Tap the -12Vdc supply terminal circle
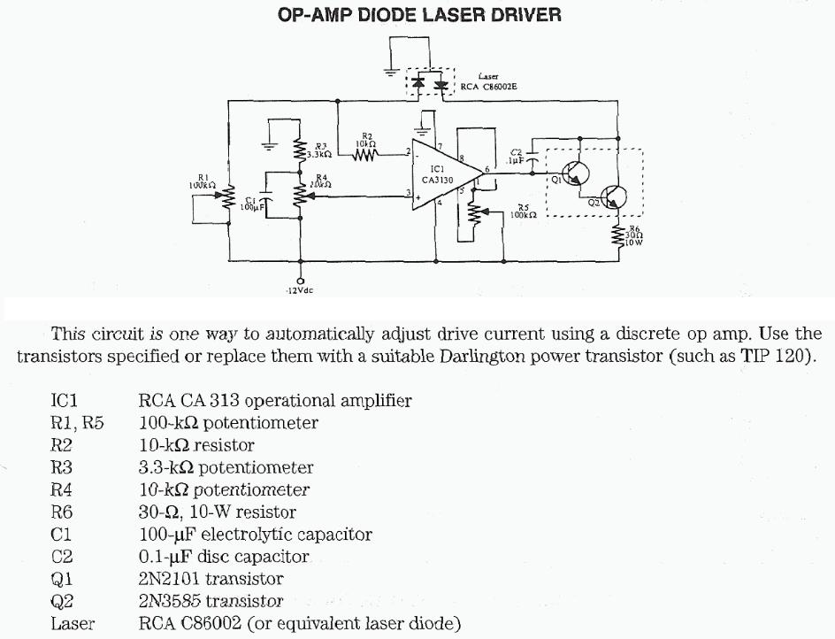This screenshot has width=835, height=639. click(301, 281)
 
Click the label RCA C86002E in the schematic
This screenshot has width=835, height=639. click(489, 87)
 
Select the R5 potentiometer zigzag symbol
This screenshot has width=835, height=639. click(476, 213)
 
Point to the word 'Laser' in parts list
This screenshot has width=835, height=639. click(73, 624)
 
